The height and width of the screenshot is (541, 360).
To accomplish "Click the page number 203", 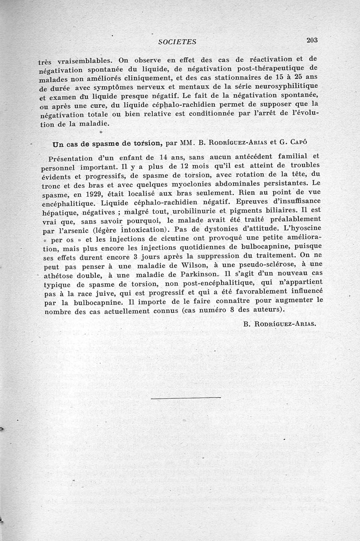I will click(x=312, y=40).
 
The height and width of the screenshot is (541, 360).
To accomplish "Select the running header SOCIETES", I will click(x=178, y=42).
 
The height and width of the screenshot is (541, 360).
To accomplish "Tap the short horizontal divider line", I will click(x=186, y=398).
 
